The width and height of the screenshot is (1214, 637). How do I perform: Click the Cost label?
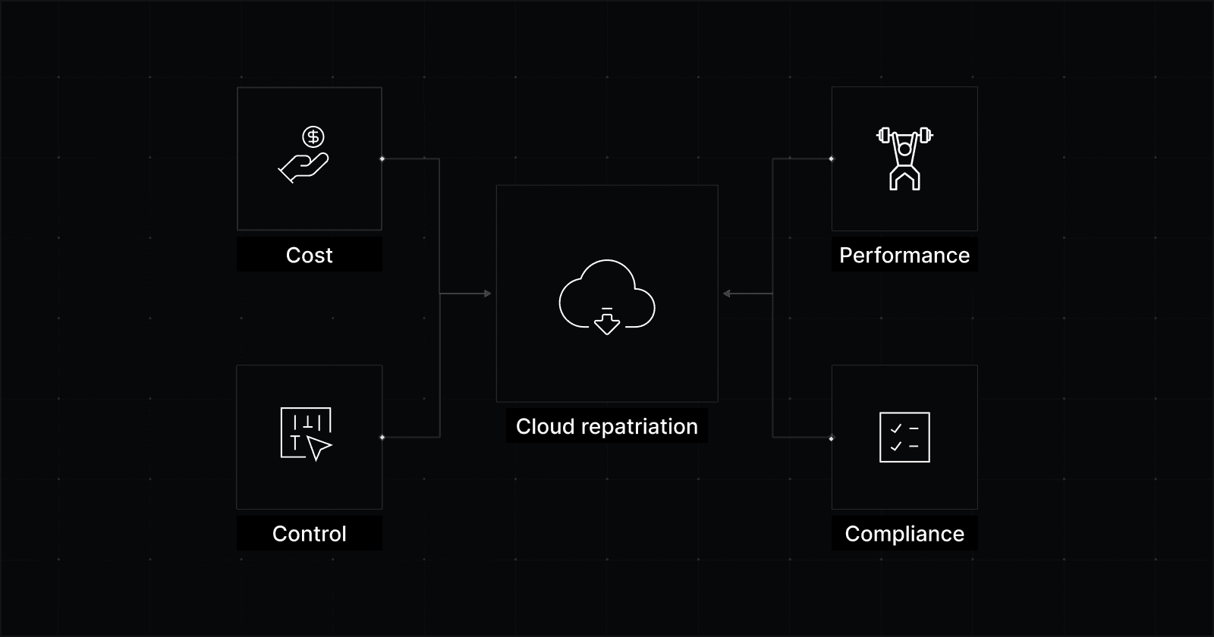point(309,256)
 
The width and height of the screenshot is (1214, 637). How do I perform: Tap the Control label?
point(309,534)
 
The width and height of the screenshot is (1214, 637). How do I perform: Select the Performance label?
point(904,256)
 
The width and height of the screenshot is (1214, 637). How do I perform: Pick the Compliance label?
point(904,534)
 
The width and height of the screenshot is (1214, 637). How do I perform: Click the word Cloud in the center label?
point(545,426)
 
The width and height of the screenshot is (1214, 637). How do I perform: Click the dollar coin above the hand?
point(313,136)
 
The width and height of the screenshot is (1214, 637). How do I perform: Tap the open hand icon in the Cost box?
point(303,168)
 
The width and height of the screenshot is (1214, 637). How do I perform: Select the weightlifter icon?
point(904,158)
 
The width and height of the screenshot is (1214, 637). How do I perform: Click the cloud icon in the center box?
point(606,292)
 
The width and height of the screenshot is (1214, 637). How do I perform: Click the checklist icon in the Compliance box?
point(904,438)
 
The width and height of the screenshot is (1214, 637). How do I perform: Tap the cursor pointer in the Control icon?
point(319,448)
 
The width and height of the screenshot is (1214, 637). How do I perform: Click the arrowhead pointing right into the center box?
point(488,293)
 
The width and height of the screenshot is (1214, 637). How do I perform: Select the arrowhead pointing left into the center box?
point(726,293)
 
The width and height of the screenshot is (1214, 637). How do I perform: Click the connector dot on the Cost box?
point(382,158)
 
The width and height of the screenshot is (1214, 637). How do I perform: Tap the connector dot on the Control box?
point(382,437)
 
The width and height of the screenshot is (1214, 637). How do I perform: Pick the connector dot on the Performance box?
point(832,158)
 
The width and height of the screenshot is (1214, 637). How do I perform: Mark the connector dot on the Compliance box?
point(832,438)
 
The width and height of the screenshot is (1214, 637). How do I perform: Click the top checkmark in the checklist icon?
point(895,428)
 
